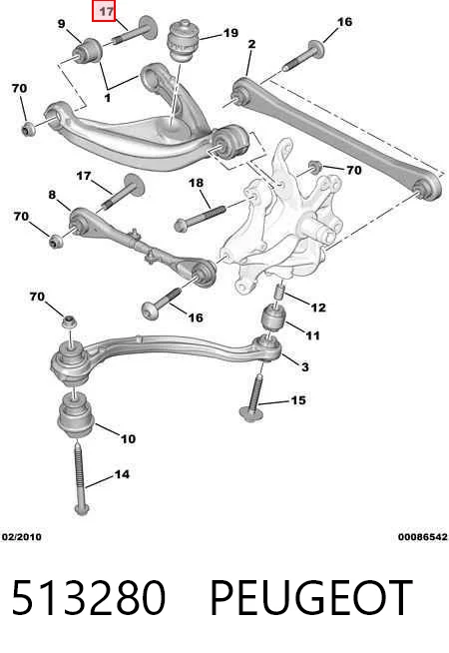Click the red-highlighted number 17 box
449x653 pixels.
(x=104, y=11)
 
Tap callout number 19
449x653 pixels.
(x=230, y=33)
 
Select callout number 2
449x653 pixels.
(x=251, y=44)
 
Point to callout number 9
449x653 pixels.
(x=62, y=24)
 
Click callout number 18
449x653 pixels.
(x=196, y=183)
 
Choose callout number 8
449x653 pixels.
(x=52, y=195)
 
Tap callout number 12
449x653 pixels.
(x=318, y=308)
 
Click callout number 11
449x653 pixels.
(x=312, y=335)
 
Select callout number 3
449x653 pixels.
(x=305, y=366)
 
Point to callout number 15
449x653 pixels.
(x=298, y=400)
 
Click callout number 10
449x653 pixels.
(x=128, y=438)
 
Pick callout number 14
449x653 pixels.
(x=122, y=474)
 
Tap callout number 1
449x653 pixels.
(x=108, y=98)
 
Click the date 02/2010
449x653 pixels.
(x=22, y=537)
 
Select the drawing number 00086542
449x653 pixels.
(x=423, y=537)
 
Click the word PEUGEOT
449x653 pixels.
(x=311, y=598)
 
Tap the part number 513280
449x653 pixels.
(x=89, y=598)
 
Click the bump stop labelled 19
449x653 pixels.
(x=184, y=40)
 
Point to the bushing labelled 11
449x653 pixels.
(x=273, y=318)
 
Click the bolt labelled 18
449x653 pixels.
(x=201, y=218)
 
